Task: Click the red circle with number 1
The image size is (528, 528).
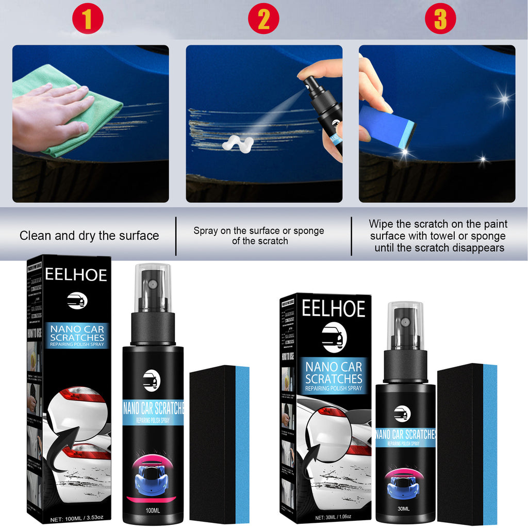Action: click(x=88, y=19)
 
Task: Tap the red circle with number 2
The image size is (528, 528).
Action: click(x=263, y=19)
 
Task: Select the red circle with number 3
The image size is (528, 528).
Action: click(x=440, y=19)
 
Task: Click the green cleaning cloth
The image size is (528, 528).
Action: click(x=77, y=111)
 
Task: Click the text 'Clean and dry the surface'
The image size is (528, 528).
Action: click(x=89, y=236)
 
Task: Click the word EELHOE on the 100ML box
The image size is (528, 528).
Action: click(x=76, y=275)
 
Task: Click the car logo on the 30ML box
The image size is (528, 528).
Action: click(x=334, y=337)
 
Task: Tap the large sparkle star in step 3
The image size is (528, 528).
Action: click(x=503, y=98)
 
